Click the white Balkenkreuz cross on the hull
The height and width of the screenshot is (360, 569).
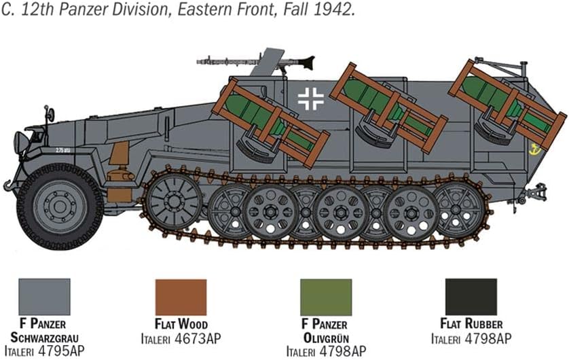[310, 98]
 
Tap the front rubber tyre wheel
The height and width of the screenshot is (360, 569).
[60, 207]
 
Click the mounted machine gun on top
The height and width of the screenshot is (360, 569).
[256, 61]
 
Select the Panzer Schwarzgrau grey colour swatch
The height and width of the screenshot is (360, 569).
[44, 297]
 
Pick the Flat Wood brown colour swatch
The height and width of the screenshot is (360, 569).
[181, 297]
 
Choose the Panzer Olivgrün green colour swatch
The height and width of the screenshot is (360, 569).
[326, 297]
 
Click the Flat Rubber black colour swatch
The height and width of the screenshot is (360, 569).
[471, 297]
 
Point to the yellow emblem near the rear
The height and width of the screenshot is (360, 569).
[534, 149]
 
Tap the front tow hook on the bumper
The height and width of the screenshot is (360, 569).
[7, 185]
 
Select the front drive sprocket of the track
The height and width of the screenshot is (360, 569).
[175, 200]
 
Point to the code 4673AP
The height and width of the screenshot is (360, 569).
[198, 339]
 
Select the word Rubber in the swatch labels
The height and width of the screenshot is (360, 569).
[483, 323]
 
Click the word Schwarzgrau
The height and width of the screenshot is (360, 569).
[44, 338]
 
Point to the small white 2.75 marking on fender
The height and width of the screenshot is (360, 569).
[63, 150]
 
